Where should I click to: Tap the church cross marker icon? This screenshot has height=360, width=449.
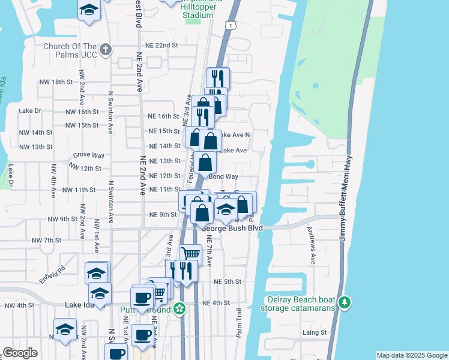coord(106,50)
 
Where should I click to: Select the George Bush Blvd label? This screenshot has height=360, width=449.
coord(232,228)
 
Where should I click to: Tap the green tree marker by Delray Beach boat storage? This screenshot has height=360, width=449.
coord(344,301)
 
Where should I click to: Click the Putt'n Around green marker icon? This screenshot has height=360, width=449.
coord(179,310)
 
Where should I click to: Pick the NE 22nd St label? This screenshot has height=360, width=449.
coord(162,45)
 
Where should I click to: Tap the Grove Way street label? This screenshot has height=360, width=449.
coord(85,155)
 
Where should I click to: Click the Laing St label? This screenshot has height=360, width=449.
coord(314,332)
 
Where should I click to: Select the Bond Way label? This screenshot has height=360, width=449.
coord(223,177)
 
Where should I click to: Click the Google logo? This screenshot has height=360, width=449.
coord(20,353)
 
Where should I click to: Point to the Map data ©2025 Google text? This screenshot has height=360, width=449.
coord(412,355)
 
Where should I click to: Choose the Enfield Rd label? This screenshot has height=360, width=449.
coord(52,275)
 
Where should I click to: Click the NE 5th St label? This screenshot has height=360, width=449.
coord(228,281)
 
